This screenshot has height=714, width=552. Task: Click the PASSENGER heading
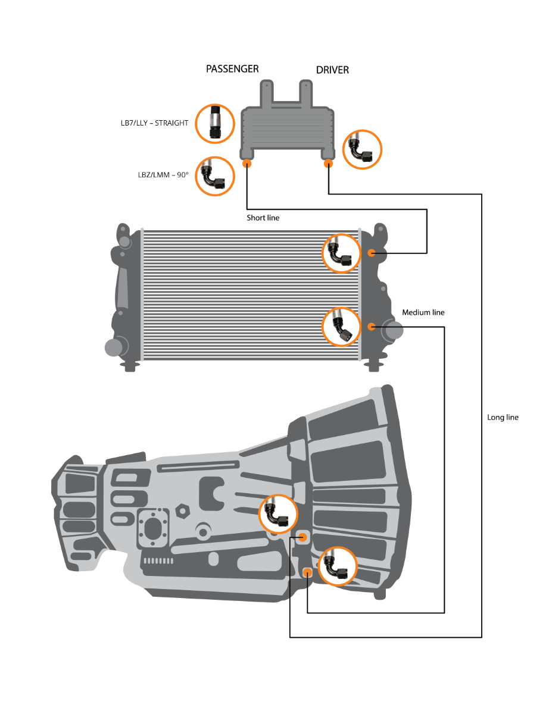232,68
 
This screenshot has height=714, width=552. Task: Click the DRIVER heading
332,70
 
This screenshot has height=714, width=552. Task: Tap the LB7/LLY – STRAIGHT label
154,123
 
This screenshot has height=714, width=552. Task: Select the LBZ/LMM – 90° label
163,175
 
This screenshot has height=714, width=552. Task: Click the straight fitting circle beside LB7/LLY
215,123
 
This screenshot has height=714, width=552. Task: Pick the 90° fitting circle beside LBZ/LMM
215,176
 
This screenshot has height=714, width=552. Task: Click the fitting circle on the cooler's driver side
362,149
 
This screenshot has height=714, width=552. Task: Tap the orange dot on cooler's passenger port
247,164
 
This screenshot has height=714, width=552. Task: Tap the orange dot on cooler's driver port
328,164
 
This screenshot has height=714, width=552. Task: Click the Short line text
263,218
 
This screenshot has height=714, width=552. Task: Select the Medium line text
423,312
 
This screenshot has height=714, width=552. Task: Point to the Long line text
503,417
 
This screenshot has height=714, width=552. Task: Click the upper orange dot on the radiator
371,253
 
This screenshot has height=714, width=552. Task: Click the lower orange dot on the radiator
371,326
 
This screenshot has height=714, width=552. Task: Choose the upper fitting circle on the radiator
342,253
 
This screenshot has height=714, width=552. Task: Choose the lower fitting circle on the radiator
342,326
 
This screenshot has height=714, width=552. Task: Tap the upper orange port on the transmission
302,537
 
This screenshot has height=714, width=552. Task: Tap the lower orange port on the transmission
307,572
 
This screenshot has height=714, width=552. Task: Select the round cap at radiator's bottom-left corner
113,347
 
